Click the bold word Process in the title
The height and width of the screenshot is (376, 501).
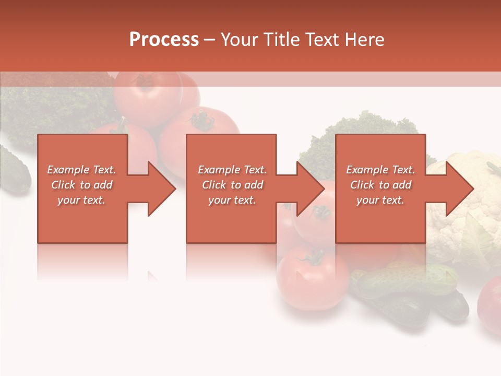pyautogui.click(x=164, y=39)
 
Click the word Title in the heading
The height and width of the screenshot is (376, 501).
pyautogui.click(x=281, y=39)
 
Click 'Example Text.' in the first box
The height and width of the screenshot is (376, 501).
pyautogui.click(x=82, y=170)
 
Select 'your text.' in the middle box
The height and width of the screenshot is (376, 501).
pyautogui.click(x=232, y=200)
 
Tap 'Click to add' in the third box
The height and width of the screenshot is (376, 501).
pyautogui.click(x=380, y=185)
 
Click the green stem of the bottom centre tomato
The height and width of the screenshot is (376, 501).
pyautogui.click(x=314, y=257)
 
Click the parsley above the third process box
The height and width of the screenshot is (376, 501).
pyautogui.click(x=360, y=125)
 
